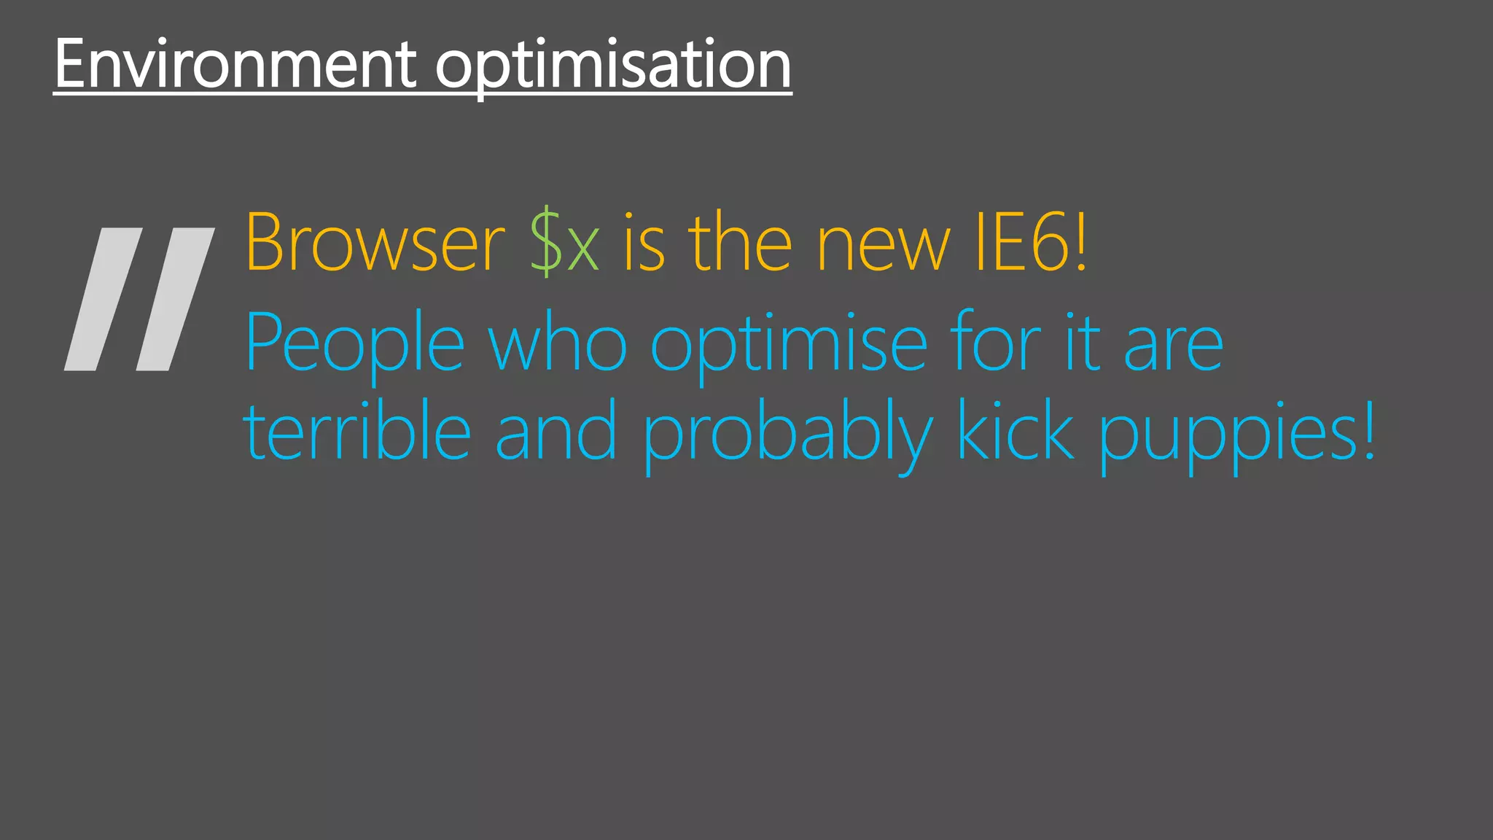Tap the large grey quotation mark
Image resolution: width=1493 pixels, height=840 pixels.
coord(139,299)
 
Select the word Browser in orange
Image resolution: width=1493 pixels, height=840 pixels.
coord(375,243)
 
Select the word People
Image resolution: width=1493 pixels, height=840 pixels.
coord(355,344)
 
